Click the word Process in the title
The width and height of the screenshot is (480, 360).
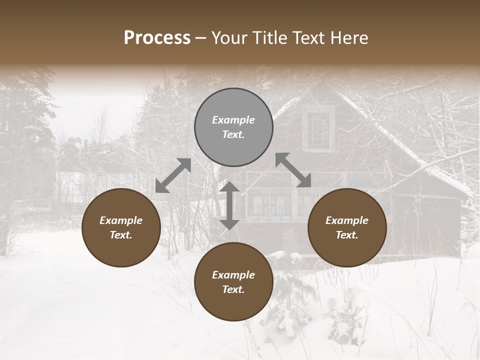[157, 38]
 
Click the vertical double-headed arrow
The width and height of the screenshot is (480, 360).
[229, 205]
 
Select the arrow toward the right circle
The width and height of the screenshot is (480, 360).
[293, 170]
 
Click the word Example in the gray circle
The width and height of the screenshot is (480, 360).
[233, 120]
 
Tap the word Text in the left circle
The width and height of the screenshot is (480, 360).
[121, 235]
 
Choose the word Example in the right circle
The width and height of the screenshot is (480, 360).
[347, 220]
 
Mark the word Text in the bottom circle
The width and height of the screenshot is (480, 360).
[233, 289]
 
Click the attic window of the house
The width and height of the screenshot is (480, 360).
[318, 128]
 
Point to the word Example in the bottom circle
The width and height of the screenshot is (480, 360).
[233, 275]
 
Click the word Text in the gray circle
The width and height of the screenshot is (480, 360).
[233, 134]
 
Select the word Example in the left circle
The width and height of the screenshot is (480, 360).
[121, 220]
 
